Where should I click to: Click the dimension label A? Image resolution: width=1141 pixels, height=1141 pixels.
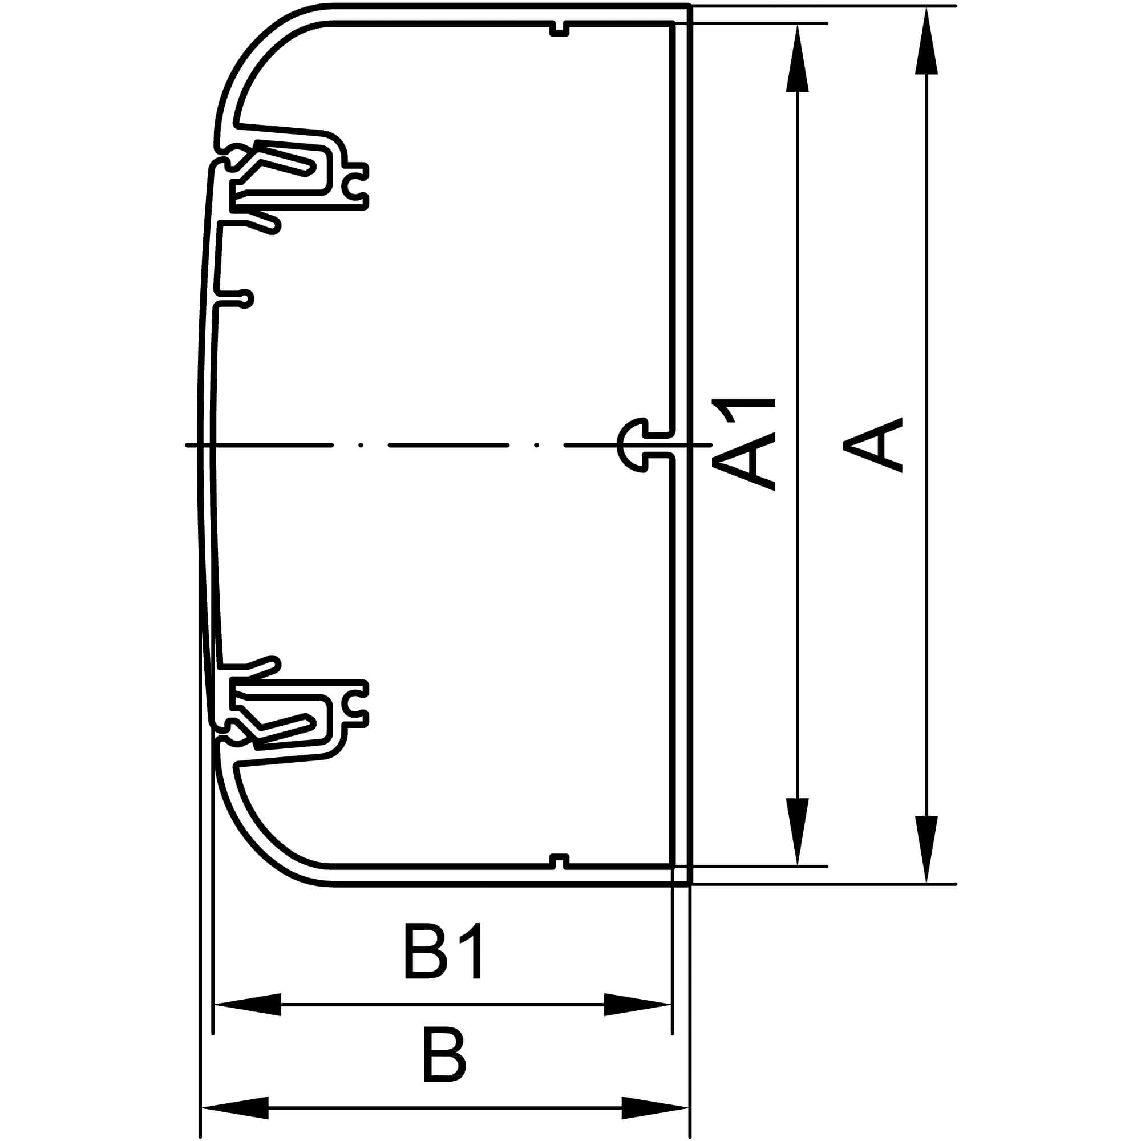(873, 445)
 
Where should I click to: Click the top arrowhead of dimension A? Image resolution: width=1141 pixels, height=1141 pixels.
(926, 41)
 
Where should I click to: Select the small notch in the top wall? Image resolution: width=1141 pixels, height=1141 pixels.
(559, 29)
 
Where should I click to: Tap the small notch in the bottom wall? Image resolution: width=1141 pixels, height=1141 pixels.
(559, 861)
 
